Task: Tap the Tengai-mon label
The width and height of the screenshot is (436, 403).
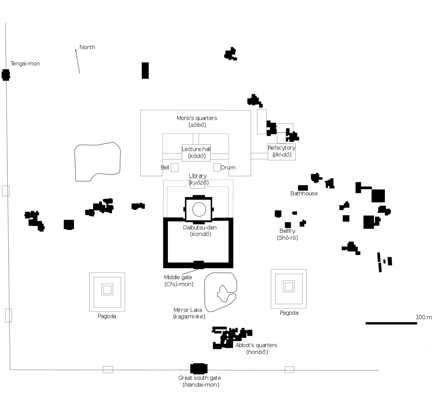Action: pyautogui.click(x=25, y=64)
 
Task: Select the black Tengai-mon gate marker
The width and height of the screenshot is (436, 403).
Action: pyautogui.click(x=5, y=75)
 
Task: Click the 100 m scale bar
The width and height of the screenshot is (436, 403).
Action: pyautogui.click(x=391, y=323)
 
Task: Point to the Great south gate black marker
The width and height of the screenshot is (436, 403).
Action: pyautogui.click(x=199, y=369)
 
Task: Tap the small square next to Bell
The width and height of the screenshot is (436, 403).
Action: pyautogui.click(x=174, y=168)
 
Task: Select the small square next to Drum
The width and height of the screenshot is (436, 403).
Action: pyautogui.click(x=217, y=167)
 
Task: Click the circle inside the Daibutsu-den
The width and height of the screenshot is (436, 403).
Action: pyautogui.click(x=199, y=209)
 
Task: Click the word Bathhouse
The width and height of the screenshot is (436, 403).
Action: pyautogui.click(x=304, y=194)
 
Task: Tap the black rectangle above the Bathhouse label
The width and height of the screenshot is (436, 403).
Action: pyautogui.click(x=303, y=188)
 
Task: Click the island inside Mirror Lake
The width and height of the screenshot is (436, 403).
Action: pyautogui.click(x=225, y=294)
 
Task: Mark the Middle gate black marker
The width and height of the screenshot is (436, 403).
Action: pyautogui.click(x=199, y=265)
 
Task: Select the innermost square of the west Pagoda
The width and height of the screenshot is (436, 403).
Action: pyautogui.click(x=107, y=290)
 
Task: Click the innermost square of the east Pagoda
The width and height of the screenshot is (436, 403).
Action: pyautogui.click(x=289, y=286)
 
